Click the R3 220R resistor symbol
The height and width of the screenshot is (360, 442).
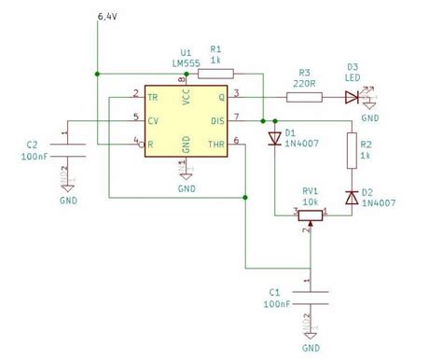click(x=304, y=94)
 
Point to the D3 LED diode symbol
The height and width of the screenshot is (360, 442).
click(x=351, y=94)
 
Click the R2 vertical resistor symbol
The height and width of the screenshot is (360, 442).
click(x=351, y=149)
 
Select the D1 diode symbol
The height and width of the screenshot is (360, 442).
click(x=274, y=139)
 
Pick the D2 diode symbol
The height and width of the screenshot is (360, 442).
click(x=351, y=197)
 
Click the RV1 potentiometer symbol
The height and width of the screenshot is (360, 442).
click(x=310, y=215)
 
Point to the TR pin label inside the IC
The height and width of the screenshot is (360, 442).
click(x=152, y=95)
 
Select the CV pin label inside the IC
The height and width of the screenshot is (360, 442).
click(x=152, y=118)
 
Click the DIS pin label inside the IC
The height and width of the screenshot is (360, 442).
click(x=216, y=118)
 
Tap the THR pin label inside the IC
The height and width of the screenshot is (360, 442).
click(x=215, y=142)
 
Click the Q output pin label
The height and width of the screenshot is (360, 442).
click(x=221, y=95)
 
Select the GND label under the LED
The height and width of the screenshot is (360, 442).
click(x=370, y=119)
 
